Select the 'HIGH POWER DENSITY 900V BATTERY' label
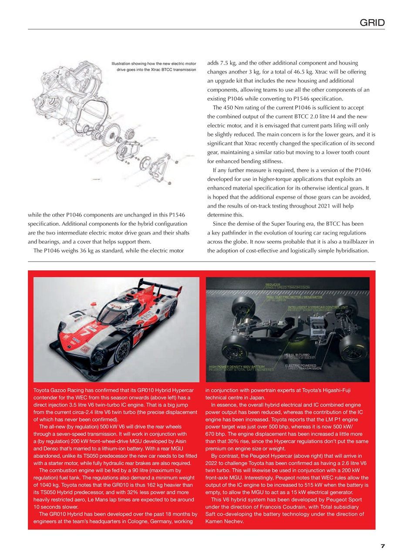pyautogui.click(x=237, y=367)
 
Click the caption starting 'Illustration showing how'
pyautogui.click(x=154, y=67)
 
